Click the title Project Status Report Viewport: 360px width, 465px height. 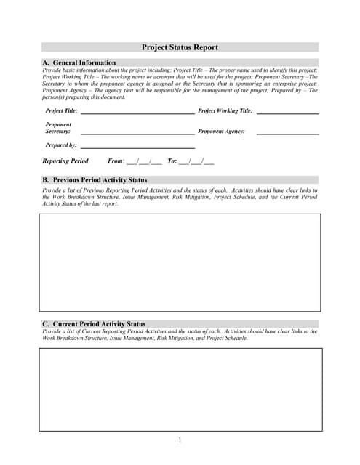point(180,47)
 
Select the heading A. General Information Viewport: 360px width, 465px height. point(79,63)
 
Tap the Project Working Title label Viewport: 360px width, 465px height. point(225,111)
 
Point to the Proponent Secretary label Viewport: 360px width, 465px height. point(58,128)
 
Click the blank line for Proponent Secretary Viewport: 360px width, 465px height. point(137,133)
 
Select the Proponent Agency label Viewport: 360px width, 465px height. point(221,132)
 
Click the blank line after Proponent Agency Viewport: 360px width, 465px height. point(287,133)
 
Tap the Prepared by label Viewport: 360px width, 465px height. point(61,145)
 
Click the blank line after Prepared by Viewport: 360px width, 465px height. point(137,147)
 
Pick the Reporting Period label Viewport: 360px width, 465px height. point(65,161)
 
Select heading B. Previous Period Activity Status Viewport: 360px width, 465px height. point(95,179)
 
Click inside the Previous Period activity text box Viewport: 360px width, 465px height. point(180,262)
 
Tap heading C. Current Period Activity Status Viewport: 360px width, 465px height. point(94,324)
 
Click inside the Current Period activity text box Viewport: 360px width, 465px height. point(180,389)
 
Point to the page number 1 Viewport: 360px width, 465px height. point(180,440)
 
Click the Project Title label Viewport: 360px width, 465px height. point(61,111)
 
